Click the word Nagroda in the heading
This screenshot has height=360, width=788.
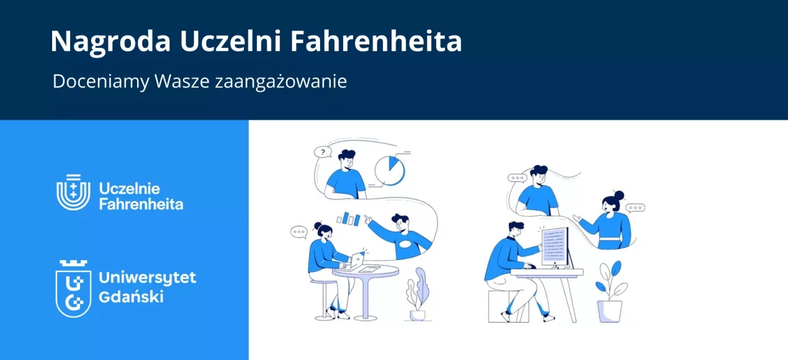[110, 42]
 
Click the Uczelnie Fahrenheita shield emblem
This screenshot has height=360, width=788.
[73, 192]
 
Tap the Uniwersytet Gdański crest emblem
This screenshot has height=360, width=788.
[73, 288]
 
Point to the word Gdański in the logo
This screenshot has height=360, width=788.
[131, 297]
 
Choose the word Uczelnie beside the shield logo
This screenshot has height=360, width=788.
[130, 188]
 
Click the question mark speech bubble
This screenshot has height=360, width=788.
[323, 151]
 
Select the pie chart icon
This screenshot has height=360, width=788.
[390, 169]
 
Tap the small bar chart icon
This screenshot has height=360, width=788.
[349, 218]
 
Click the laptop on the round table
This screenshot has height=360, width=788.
[357, 261]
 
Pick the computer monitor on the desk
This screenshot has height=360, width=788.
[554, 246]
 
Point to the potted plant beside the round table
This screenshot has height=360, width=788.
[418, 295]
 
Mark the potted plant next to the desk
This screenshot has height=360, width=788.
[609, 292]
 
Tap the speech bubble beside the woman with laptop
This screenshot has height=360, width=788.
[299, 232]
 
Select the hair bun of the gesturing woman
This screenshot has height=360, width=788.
[618, 195]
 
